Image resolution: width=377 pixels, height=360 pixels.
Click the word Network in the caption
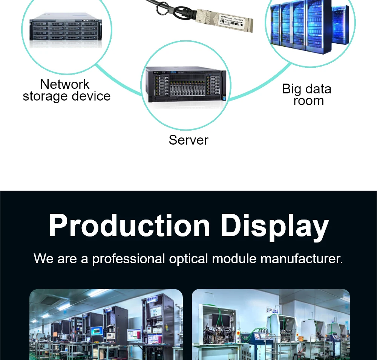point(65,84)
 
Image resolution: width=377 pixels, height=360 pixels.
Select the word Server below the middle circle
point(188,140)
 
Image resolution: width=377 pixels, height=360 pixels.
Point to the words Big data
point(307,89)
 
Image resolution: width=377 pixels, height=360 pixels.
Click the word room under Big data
point(308,101)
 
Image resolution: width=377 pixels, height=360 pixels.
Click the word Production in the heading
point(129,226)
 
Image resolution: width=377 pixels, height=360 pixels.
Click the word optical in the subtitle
point(188,259)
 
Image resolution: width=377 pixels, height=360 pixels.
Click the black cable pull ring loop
point(163,8)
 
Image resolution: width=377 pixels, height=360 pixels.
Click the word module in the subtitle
point(234,259)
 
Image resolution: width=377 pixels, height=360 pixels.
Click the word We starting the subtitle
point(44,259)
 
